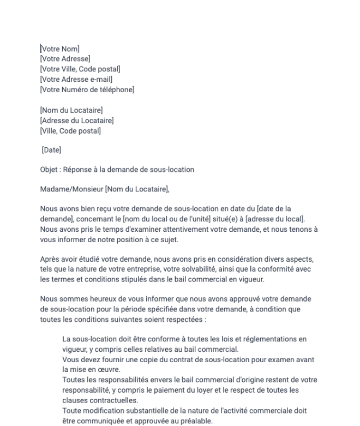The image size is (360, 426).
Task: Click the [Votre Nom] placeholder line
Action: click(x=61, y=50)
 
